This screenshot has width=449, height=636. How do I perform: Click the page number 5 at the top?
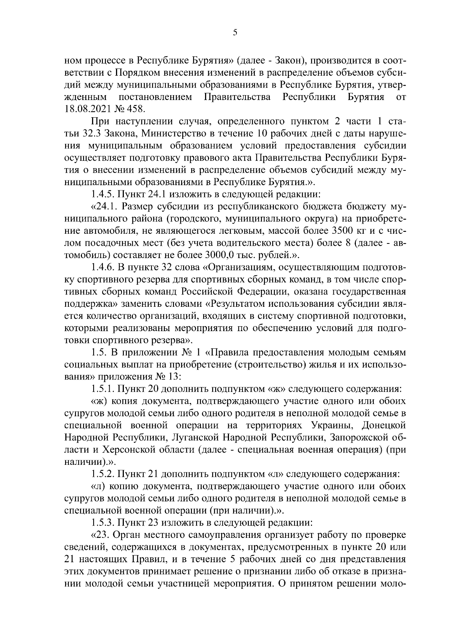(x=235, y=33)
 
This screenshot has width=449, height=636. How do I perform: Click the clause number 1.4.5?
(x=104, y=194)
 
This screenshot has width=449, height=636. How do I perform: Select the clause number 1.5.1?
(x=104, y=389)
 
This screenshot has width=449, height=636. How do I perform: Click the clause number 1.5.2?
(x=104, y=474)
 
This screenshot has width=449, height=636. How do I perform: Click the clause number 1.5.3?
(x=104, y=522)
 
